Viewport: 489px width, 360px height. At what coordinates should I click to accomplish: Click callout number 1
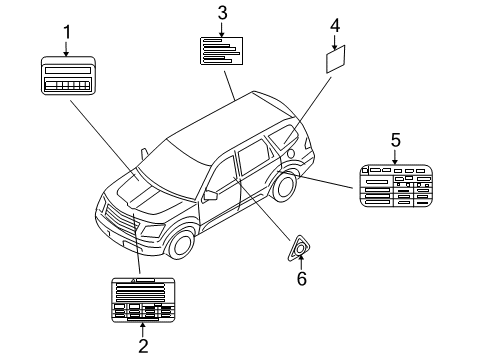point(67,32)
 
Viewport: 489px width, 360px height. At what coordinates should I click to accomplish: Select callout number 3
point(222,12)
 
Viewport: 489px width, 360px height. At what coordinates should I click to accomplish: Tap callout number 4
point(336,24)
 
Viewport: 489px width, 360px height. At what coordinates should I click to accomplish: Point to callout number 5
point(395,139)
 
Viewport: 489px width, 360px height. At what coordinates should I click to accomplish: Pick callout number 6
point(301,278)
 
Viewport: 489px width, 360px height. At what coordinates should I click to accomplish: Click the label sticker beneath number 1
point(68,76)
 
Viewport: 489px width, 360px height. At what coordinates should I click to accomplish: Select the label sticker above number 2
point(142,299)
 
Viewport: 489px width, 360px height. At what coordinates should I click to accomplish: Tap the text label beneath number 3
point(221,50)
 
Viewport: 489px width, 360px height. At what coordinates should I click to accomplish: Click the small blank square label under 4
point(337,59)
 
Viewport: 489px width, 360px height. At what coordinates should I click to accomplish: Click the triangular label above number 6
point(299,248)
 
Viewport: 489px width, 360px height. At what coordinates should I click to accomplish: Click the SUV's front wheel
point(180,244)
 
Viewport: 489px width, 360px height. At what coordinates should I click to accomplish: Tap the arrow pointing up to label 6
point(300,262)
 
